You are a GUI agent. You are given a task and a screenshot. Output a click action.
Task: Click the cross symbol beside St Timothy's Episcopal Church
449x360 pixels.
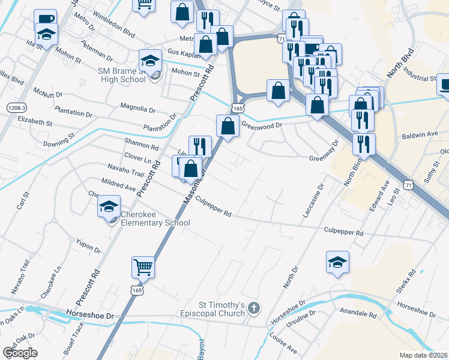[x=254, y=308]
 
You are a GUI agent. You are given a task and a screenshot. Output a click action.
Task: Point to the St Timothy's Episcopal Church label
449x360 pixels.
[x=213, y=309]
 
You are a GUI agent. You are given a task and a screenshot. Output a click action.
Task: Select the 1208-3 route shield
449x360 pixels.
[x=17, y=107]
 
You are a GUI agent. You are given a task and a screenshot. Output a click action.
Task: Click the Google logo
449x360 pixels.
[x=20, y=352]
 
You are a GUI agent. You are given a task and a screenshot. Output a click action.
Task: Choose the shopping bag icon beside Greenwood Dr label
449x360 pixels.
[x=228, y=126]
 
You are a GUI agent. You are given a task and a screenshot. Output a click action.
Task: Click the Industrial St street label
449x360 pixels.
[x=420, y=79]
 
